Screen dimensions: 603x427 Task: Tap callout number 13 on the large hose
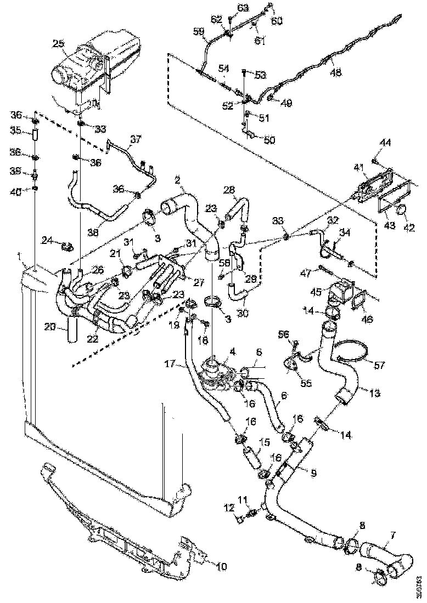pyautogui.click(x=374, y=393)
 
